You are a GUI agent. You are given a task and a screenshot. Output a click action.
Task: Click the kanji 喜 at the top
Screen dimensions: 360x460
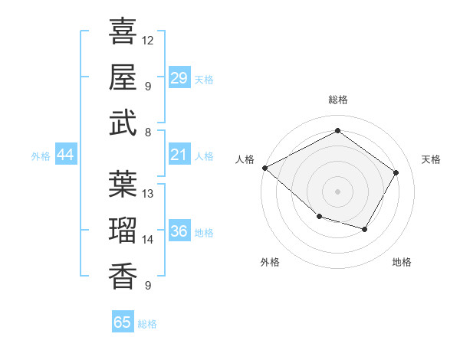click(123, 31)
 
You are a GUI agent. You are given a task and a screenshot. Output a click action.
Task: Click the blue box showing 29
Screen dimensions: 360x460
click(179, 78)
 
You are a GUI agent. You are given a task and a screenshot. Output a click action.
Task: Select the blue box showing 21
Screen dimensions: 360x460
click(179, 155)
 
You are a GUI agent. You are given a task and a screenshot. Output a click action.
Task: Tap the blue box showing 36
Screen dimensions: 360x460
click(179, 232)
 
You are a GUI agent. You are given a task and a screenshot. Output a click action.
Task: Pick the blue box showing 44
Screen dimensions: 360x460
click(66, 155)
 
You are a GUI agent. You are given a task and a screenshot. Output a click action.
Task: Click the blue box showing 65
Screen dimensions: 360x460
click(123, 322)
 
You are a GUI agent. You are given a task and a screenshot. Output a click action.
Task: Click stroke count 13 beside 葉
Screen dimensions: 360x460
click(148, 194)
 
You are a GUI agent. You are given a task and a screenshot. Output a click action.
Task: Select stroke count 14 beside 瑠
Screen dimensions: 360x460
click(148, 240)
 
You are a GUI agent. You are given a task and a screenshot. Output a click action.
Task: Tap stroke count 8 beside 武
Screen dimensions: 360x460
click(147, 132)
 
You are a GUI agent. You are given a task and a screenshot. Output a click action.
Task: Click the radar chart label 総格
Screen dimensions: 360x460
click(337, 100)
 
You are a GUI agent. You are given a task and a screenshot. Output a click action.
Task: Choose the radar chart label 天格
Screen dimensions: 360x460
click(431, 159)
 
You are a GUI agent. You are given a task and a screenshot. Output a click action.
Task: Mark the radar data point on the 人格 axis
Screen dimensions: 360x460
click(264, 168)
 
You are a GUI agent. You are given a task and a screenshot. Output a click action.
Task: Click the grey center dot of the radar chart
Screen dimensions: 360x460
click(337, 191)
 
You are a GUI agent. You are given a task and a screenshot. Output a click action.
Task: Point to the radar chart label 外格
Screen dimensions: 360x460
click(270, 262)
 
